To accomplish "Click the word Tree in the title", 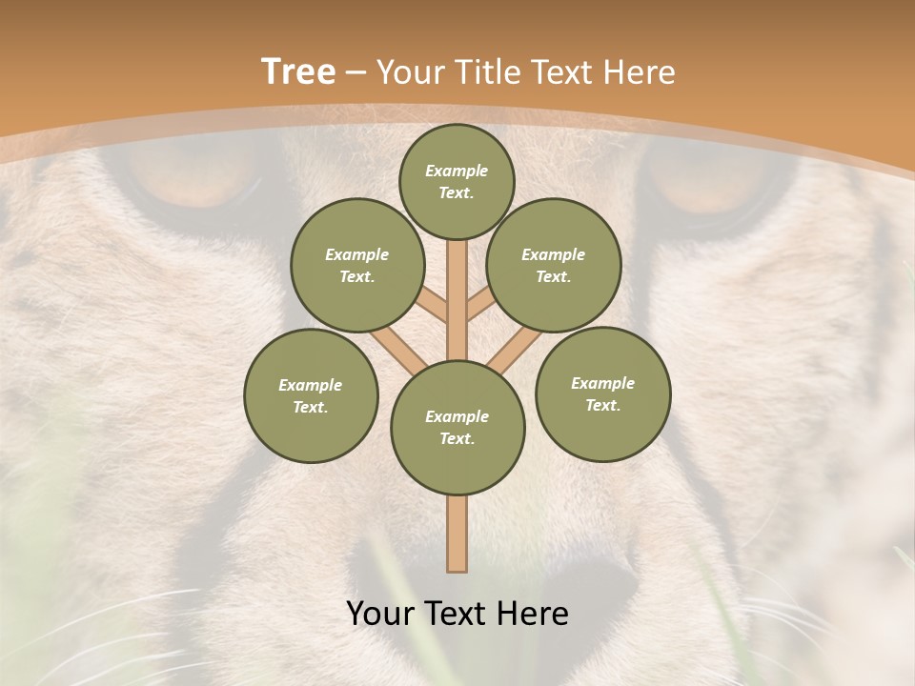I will [298, 72].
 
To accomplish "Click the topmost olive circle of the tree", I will [457, 181].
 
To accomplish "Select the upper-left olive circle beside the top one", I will [356, 265].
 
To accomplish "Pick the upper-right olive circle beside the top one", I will [554, 265].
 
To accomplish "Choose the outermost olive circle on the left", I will [311, 395].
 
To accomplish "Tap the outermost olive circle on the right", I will [603, 393].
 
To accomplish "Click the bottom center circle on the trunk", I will [457, 428].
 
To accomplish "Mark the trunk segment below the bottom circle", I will [457, 534].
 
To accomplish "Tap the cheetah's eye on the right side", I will [701, 181].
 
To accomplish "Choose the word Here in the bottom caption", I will [533, 614].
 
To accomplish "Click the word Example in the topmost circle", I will [457, 171].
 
